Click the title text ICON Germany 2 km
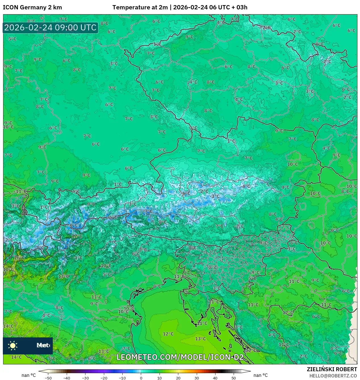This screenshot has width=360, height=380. [32, 7]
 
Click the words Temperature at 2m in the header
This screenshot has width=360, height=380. [140, 7]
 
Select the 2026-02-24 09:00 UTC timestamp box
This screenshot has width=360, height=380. [51, 28]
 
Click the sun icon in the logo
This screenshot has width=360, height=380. [13, 345]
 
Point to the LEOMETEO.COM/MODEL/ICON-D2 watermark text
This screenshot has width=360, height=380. [180, 357]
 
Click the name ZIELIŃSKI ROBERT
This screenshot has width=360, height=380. [332, 369]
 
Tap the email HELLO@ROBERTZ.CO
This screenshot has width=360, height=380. [333, 376]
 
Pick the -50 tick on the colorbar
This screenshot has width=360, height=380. [48, 378]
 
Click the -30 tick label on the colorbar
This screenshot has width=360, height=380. [85, 378]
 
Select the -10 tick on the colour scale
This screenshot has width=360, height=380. [122, 378]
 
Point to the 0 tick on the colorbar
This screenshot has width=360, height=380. [141, 378]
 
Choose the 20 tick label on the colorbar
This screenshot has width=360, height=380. [178, 378]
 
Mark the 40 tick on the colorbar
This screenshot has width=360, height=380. [215, 378]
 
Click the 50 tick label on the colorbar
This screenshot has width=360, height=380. [233, 378]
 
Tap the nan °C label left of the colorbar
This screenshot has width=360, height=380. [29, 375]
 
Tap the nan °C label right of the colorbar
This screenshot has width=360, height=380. [260, 375]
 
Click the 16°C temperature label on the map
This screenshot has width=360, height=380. [19, 258]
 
